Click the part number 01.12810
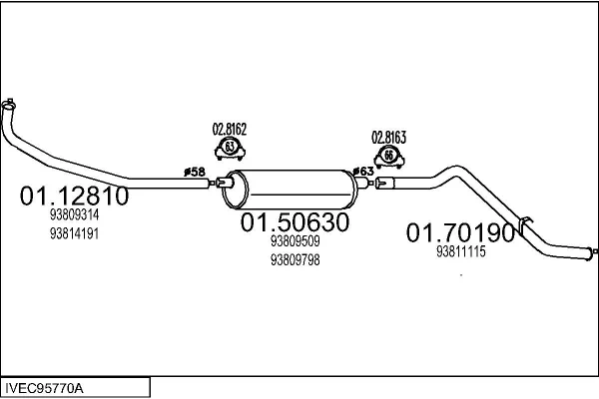[x=74, y=196]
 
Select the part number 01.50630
[x=295, y=222]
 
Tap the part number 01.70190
[x=460, y=232]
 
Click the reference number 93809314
[x=74, y=215]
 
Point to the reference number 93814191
[x=74, y=233]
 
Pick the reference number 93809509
[x=295, y=241]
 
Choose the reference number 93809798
[x=295, y=260]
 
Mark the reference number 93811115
[x=460, y=251]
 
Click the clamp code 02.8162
[x=230, y=130]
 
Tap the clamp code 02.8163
[x=389, y=138]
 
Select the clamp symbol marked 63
[x=230, y=150]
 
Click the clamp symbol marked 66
[x=389, y=158]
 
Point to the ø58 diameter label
[x=195, y=172]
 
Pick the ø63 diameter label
[x=363, y=172]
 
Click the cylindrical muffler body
[x=291, y=190]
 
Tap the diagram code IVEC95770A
[x=44, y=389]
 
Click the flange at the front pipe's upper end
[x=8, y=104]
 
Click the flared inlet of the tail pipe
[x=384, y=184]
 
